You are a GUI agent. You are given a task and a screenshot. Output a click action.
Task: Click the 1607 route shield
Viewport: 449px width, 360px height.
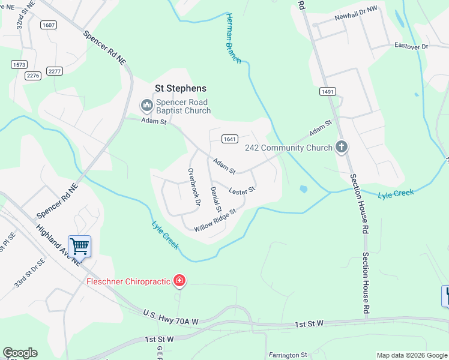(x=49, y=25)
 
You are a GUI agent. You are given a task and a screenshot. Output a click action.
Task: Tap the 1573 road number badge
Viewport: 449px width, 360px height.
(x=19, y=64)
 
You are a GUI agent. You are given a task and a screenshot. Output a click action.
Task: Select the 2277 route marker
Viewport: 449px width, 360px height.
(x=55, y=71)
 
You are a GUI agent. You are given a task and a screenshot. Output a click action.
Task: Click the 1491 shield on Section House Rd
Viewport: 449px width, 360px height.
(x=327, y=92)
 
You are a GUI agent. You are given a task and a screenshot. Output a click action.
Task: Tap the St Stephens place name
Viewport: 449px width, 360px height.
(x=180, y=88)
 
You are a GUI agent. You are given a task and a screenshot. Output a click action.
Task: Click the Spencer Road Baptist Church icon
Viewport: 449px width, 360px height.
(x=146, y=106)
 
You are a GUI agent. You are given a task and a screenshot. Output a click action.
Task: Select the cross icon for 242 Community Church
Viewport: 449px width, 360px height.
(x=342, y=147)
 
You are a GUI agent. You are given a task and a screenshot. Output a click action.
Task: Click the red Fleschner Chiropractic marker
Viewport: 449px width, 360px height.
(x=179, y=280)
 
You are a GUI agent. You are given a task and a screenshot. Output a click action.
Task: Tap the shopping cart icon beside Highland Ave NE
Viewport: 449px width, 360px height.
(x=79, y=245)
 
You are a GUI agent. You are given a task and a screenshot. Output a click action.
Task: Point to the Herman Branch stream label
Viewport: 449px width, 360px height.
(x=233, y=38)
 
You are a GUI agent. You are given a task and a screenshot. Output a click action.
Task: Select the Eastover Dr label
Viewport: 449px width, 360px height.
(x=411, y=46)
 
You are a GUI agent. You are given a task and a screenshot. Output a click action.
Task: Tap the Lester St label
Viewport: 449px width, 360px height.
(x=243, y=190)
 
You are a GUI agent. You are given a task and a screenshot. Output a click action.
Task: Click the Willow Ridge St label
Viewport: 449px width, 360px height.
(x=215, y=220)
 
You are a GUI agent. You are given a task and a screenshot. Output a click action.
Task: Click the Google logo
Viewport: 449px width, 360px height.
(x=20, y=353)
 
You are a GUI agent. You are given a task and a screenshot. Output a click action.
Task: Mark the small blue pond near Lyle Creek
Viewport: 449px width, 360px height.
(x=303, y=189)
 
